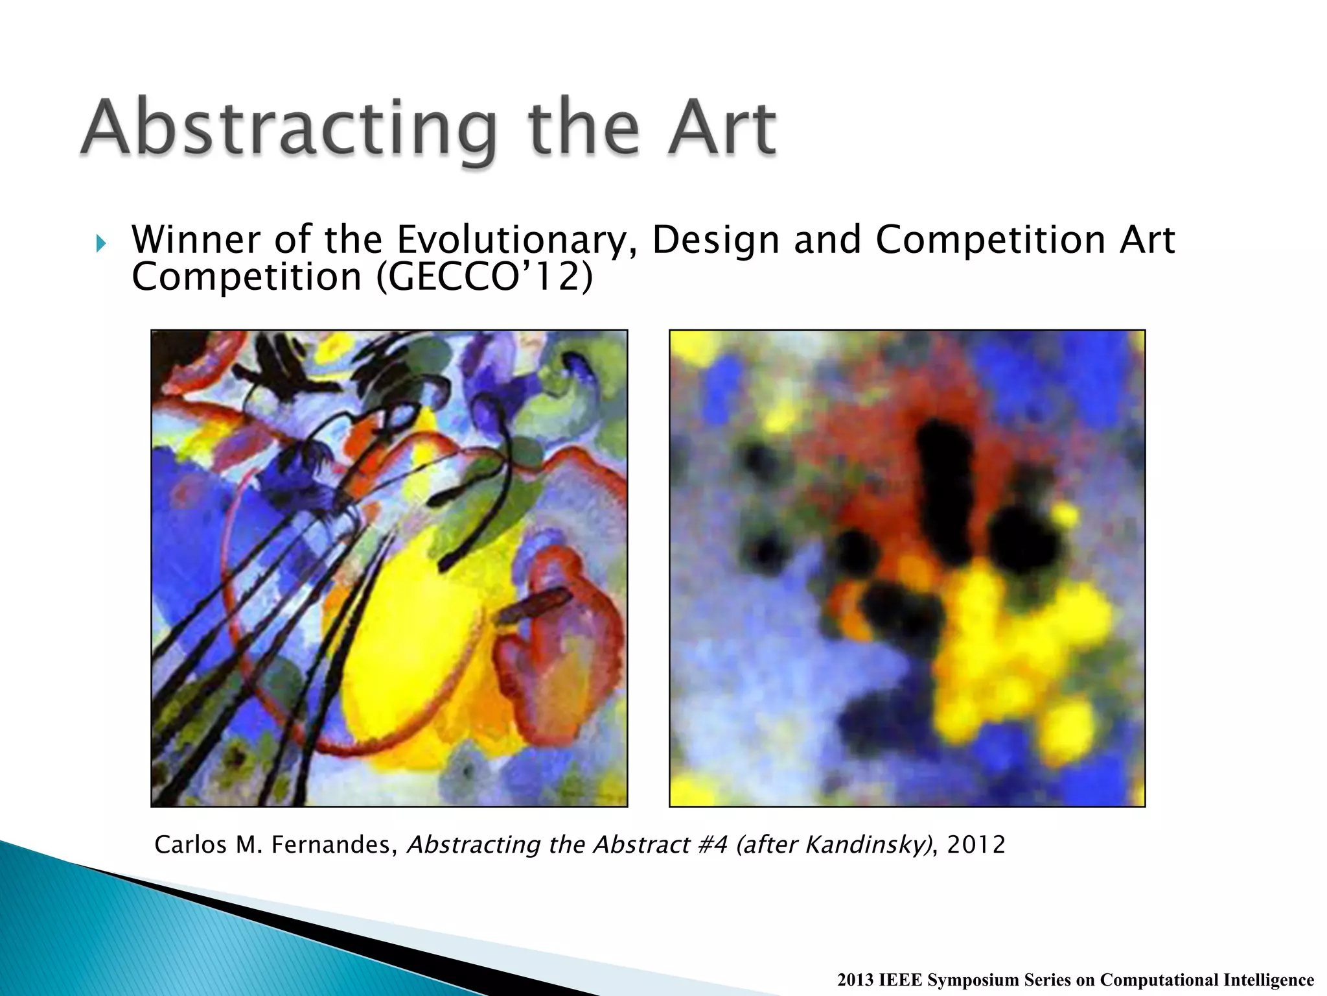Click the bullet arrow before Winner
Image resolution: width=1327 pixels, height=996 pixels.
pyautogui.click(x=100, y=244)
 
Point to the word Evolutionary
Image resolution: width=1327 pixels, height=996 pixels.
pyautogui.click(x=512, y=241)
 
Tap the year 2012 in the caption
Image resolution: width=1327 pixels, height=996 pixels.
pyautogui.click(x=976, y=845)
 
